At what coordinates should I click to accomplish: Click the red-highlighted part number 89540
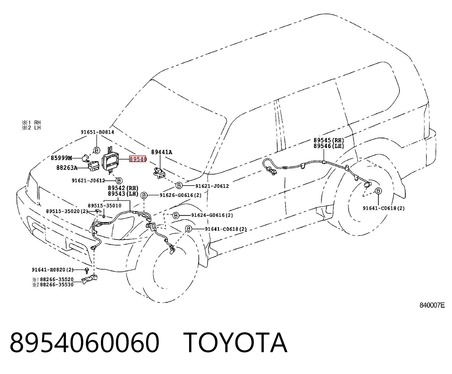(x=138, y=159)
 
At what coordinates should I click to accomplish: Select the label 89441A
(x=162, y=152)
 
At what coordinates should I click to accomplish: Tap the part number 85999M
(x=61, y=158)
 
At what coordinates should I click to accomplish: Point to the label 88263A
(x=67, y=168)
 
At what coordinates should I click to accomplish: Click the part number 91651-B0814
(x=97, y=132)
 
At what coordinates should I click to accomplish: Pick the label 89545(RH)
(x=328, y=140)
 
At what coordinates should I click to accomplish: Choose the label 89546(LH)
(x=328, y=146)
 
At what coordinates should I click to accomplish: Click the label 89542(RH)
(x=123, y=188)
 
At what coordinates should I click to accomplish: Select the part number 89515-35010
(x=104, y=205)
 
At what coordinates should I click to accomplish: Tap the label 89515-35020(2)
(x=67, y=211)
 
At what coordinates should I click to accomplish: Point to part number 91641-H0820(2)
(x=53, y=270)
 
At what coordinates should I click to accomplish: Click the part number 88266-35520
(x=57, y=279)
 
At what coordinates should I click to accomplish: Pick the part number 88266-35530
(x=57, y=285)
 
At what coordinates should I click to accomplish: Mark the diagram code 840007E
(x=432, y=305)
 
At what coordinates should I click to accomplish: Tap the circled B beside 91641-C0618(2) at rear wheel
(x=378, y=191)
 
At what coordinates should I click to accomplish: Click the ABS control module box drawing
(x=110, y=160)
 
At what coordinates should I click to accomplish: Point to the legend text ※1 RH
(x=31, y=123)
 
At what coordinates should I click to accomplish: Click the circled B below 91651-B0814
(x=97, y=150)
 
